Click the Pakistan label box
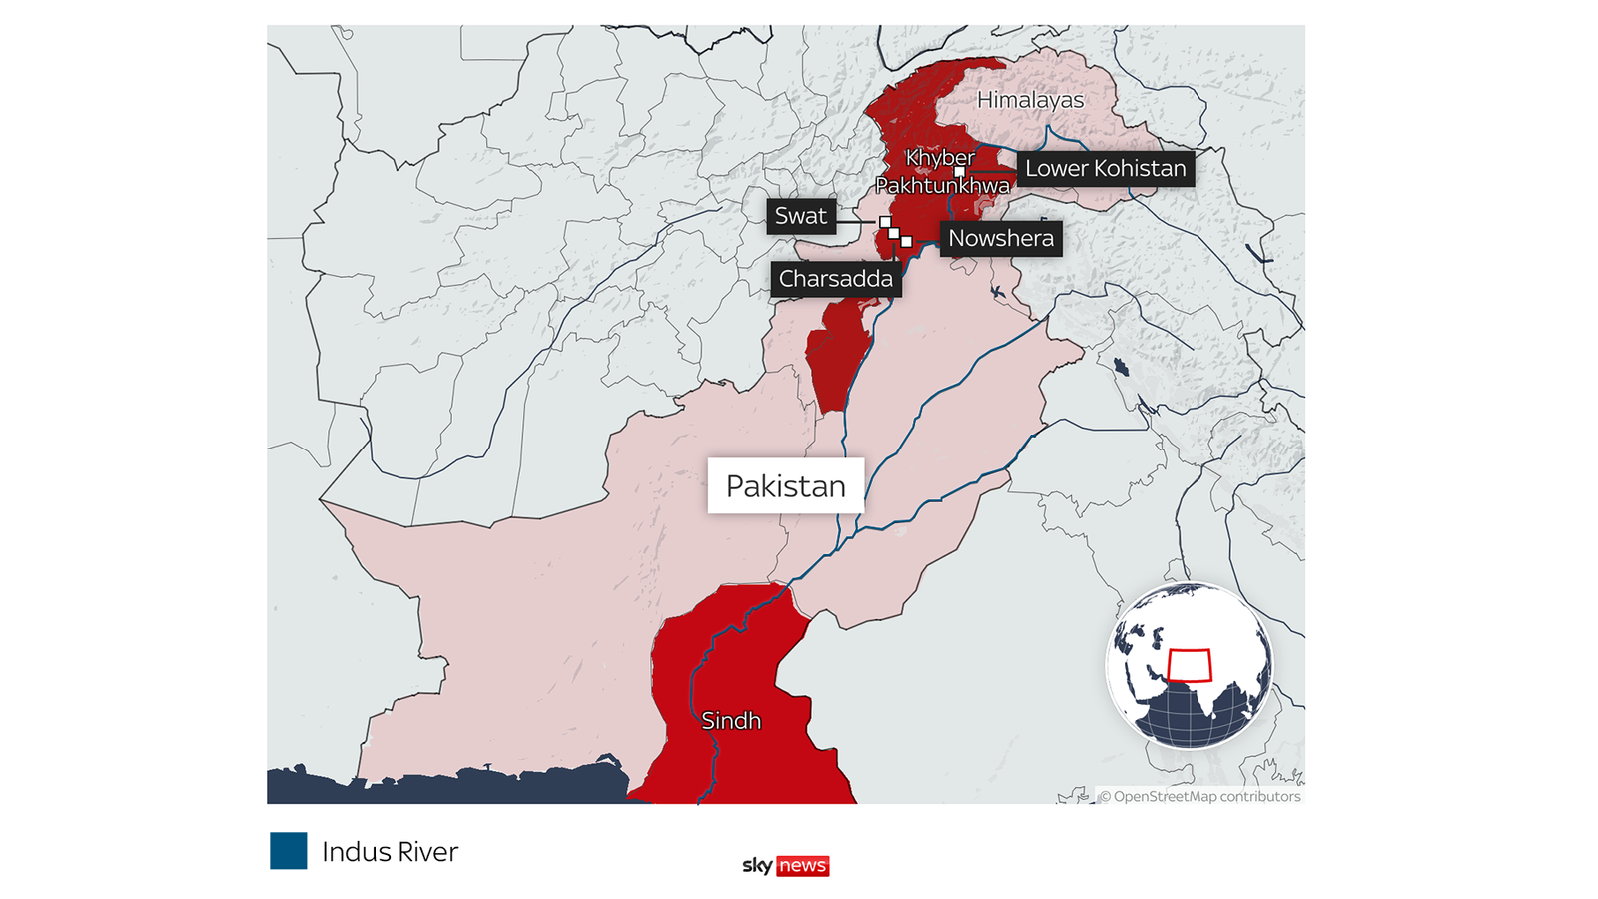point(785,486)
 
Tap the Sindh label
point(731,721)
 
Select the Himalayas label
point(1030,100)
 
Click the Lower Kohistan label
point(1105,169)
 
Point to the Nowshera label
point(1000,239)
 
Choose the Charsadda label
point(835,279)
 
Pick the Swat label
point(800,216)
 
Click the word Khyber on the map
point(940,158)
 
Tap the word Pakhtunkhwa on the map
point(942,186)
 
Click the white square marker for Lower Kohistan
point(959,172)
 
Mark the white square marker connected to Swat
point(885,222)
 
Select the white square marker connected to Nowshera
point(906,241)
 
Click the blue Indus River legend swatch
point(288,851)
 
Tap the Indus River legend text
point(390,852)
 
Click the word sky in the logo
point(757,865)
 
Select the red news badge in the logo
point(803,866)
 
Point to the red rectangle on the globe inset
point(1190,665)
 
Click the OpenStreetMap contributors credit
point(1199,796)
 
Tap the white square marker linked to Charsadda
point(895,233)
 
